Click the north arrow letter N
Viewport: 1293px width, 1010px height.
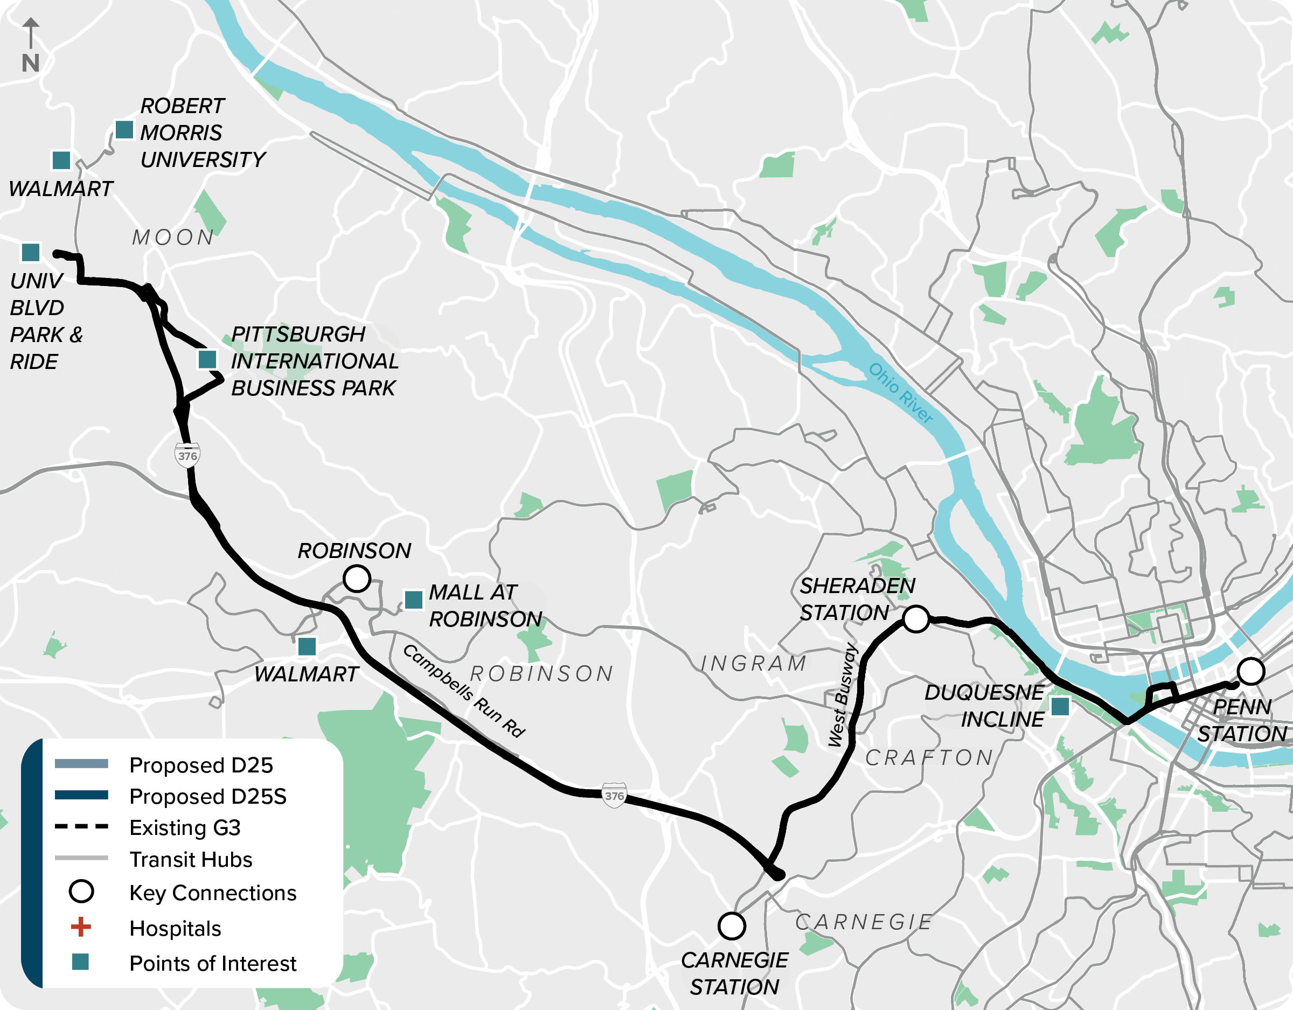click(30, 63)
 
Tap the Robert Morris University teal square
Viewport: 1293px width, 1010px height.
click(124, 130)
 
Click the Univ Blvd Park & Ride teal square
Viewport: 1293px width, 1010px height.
click(31, 252)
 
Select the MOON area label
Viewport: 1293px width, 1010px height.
click(173, 238)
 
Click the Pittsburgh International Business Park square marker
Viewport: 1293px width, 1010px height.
click(207, 359)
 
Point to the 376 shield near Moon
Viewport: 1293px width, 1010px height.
click(187, 455)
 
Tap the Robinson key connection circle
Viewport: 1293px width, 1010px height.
click(357, 579)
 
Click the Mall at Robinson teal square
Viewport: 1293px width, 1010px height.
click(413, 600)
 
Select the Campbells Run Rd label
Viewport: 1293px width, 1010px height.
click(463, 691)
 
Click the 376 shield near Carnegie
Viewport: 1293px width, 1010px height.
click(614, 796)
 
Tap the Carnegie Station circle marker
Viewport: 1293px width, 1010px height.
click(732, 926)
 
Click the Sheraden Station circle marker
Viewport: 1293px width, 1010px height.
click(916, 619)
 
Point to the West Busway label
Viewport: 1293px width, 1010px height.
click(843, 695)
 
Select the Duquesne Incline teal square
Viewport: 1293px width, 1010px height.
click(1060, 706)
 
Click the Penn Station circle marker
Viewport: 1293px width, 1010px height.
click(1251, 671)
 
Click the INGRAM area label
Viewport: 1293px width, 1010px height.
click(754, 664)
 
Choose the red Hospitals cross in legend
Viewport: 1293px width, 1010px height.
click(81, 927)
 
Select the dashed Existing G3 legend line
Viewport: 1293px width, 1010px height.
click(81, 826)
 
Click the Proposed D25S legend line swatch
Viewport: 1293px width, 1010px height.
click(81, 795)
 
